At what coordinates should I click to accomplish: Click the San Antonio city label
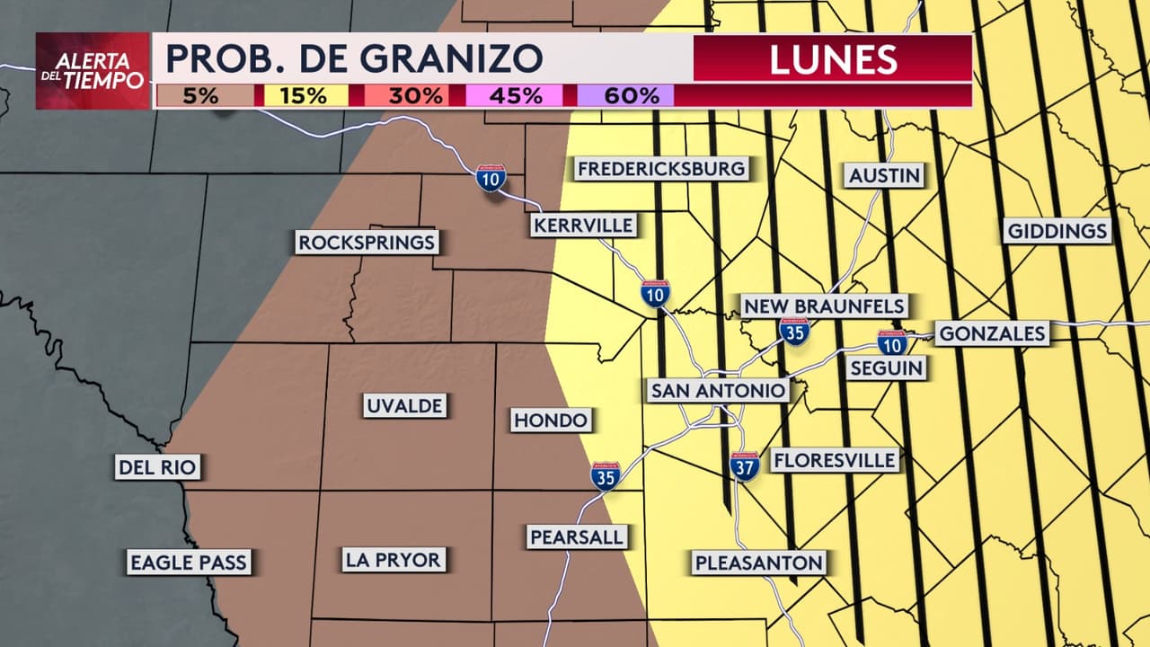tap(719, 390)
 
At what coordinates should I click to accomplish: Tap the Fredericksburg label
tap(661, 168)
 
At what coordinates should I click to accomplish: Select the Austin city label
tap(885, 175)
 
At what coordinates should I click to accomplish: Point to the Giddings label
tap(1057, 231)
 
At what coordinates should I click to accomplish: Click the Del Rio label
tap(157, 467)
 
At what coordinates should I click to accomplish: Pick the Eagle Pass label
tap(188, 563)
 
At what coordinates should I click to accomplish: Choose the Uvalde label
tap(404, 405)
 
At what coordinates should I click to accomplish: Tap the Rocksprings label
tap(367, 242)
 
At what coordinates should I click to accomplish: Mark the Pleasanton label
tap(758, 563)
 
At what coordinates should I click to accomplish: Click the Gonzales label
tap(992, 334)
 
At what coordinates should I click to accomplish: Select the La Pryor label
tap(394, 560)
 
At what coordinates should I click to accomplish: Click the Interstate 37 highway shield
tap(745, 465)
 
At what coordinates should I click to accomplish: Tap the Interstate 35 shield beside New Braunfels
tap(794, 332)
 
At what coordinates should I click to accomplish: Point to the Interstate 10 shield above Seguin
tap(892, 341)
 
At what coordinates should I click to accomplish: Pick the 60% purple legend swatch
tap(625, 95)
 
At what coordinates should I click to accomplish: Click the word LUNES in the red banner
tap(833, 59)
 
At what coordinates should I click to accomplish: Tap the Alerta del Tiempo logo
tap(93, 71)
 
